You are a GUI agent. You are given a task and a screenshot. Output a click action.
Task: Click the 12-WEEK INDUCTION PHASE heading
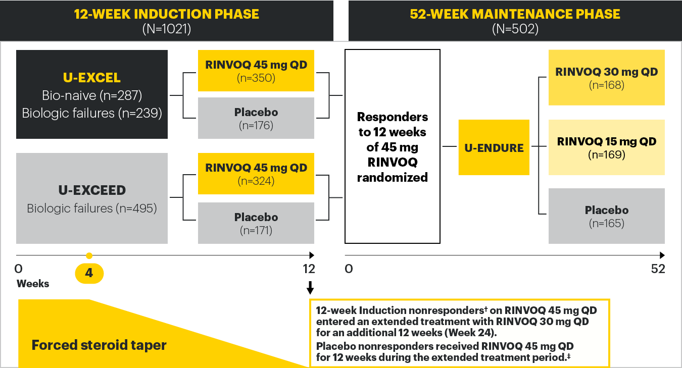pos(166,14)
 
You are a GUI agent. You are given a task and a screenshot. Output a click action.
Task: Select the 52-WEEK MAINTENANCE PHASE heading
pos(515,14)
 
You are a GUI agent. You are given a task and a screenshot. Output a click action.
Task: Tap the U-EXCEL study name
pos(91,78)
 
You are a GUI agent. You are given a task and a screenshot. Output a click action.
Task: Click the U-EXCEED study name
pos(91,190)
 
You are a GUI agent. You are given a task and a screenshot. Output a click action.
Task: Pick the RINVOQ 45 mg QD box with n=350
pos(256,71)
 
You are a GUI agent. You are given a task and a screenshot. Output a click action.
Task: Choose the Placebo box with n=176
pos(256,118)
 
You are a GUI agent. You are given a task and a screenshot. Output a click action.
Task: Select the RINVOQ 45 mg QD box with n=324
pos(256,174)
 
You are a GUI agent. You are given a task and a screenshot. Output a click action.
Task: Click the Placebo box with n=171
pos(256,223)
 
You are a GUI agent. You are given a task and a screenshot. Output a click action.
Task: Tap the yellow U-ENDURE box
pos(494,147)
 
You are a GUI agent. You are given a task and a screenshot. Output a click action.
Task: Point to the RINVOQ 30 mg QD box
pos(606,78)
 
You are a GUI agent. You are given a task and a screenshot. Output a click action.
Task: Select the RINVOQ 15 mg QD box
pos(606,147)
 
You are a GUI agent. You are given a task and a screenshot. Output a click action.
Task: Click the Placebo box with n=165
pos(606,216)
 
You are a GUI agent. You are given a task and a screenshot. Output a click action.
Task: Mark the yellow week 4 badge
pos(89,273)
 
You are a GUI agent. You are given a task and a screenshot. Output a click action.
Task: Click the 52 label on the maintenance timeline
pos(658,269)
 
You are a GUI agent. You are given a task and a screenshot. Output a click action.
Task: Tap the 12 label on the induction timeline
pos(309,269)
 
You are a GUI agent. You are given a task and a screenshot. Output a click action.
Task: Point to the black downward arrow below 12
pos(310,288)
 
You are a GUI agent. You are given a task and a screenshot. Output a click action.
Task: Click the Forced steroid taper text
pos(99,345)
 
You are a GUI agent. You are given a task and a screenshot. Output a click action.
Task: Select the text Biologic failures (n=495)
pos(91,208)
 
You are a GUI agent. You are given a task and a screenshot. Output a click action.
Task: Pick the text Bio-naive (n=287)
pos(91,95)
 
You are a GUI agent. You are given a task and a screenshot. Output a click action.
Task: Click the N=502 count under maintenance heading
pos(515,29)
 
